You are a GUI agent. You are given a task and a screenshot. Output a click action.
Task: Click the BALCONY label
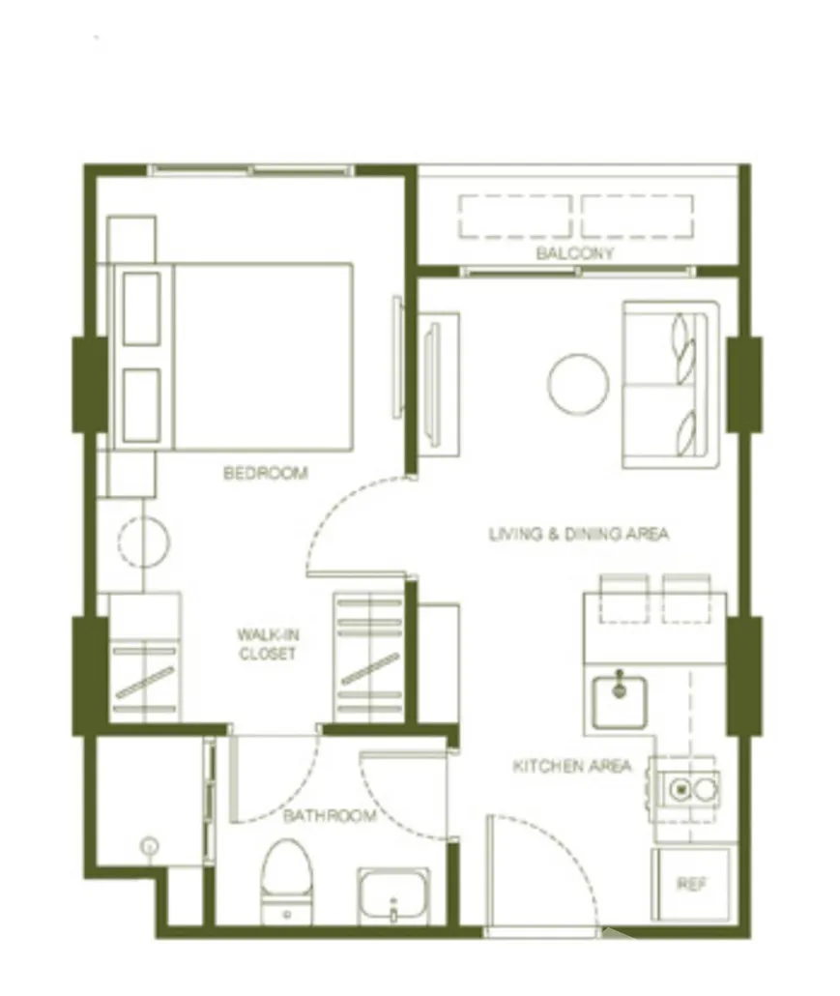click(x=574, y=253)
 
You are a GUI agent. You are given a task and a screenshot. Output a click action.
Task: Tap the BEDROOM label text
click(x=266, y=473)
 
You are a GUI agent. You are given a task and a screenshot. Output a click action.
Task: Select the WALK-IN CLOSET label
click(x=268, y=644)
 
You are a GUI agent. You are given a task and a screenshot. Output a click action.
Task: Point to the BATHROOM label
click(x=330, y=815)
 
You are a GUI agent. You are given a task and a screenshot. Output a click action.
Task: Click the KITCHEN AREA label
click(x=572, y=766)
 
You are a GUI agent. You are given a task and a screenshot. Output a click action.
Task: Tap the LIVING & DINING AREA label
click(x=579, y=534)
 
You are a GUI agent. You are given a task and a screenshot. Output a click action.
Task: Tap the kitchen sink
click(x=620, y=701)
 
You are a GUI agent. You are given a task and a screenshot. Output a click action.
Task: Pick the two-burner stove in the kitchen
click(x=691, y=790)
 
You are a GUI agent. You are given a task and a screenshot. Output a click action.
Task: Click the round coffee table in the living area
click(x=578, y=384)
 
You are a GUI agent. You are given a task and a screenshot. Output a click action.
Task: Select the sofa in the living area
click(x=671, y=385)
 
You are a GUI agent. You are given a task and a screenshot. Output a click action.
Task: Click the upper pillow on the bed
click(x=141, y=308)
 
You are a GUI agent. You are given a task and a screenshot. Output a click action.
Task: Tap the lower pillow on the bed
click(x=141, y=405)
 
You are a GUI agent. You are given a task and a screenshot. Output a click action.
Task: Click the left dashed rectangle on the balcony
click(x=515, y=217)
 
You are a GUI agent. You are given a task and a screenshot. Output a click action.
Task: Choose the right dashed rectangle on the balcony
click(x=637, y=217)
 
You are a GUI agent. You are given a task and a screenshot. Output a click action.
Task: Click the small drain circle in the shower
click(x=150, y=846)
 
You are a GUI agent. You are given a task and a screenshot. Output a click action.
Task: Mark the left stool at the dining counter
click(x=624, y=599)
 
